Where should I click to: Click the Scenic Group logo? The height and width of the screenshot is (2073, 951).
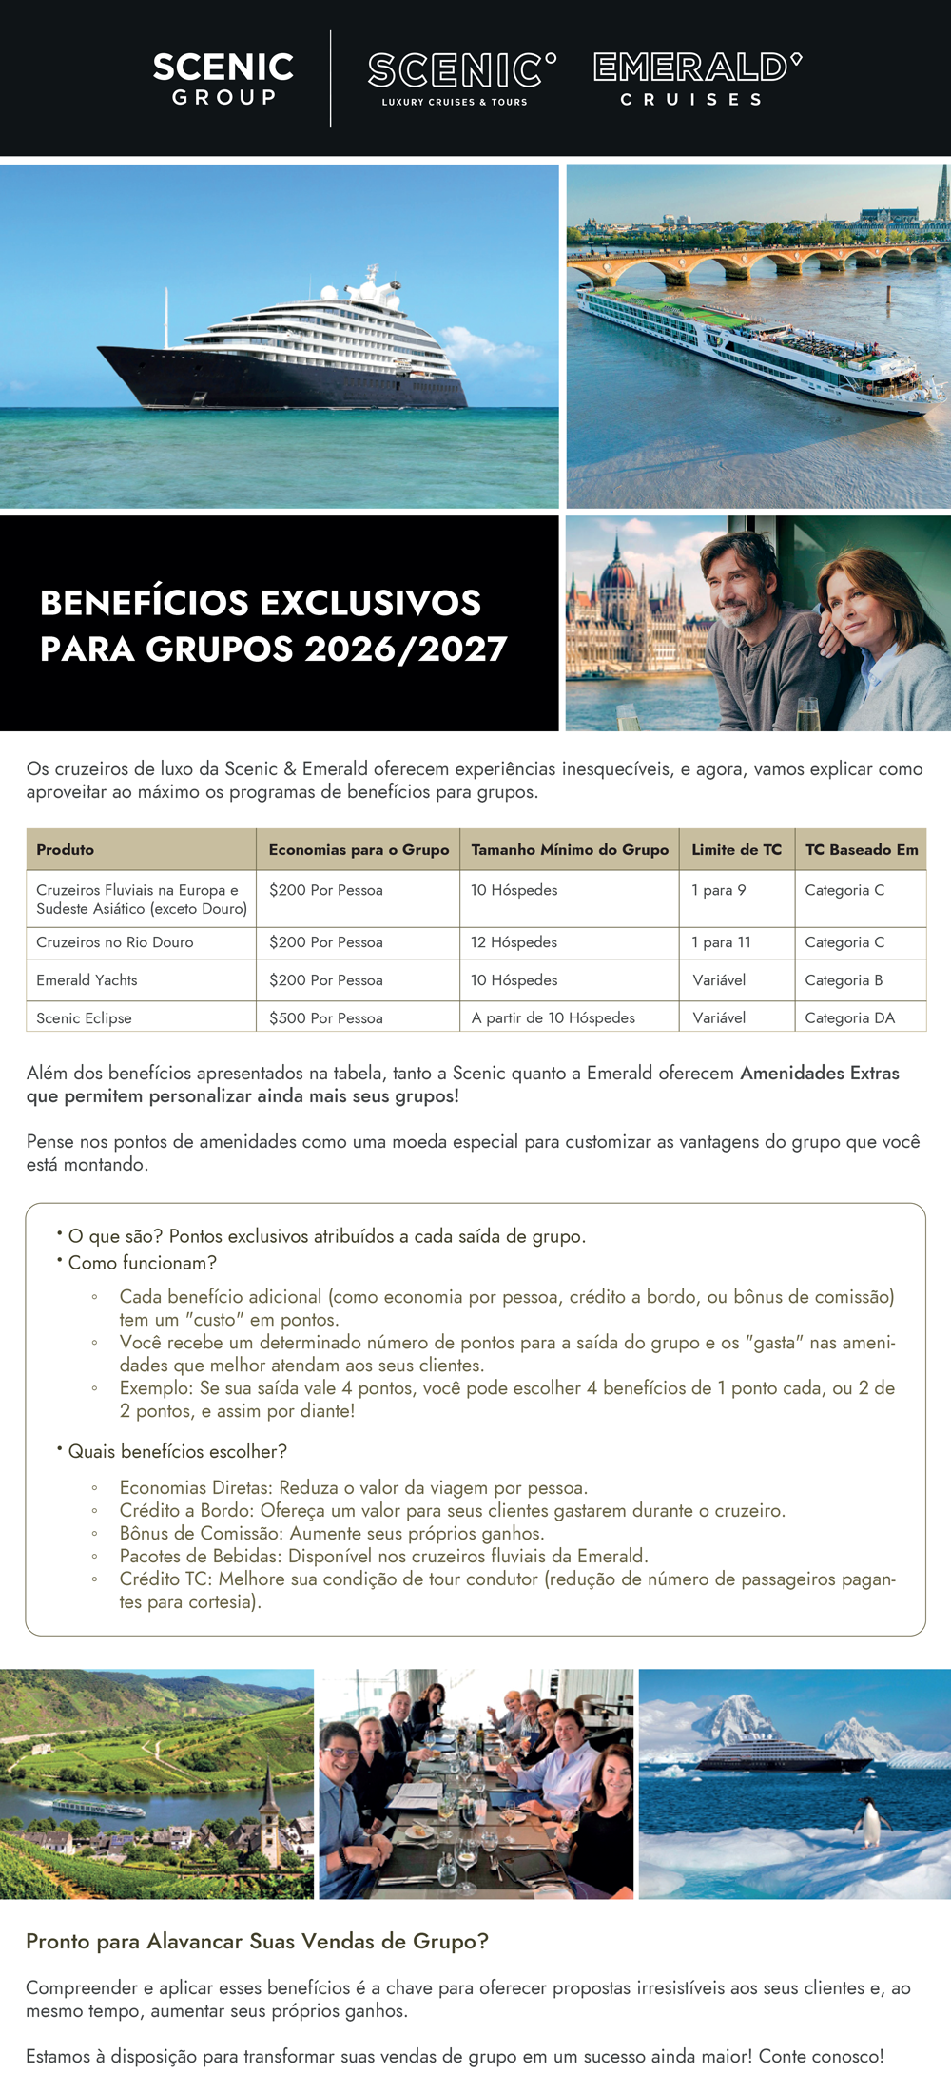(223, 78)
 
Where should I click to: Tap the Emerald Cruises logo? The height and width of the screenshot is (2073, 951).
(697, 78)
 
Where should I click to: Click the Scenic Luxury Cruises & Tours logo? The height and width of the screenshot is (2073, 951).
(461, 78)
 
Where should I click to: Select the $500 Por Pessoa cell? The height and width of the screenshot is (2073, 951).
(326, 1017)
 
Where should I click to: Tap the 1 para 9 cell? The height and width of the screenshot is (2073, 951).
(719, 890)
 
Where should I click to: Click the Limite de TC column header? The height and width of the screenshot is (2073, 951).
(736, 849)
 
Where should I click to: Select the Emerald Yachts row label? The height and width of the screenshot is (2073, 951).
(87, 980)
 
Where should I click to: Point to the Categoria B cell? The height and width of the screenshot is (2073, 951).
(844, 980)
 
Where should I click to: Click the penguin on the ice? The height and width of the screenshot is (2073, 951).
(869, 1821)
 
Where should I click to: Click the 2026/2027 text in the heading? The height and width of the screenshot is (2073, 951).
(406, 649)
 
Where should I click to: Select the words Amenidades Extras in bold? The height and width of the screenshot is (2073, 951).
(820, 1074)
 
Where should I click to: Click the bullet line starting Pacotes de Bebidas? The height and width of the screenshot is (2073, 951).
(383, 1557)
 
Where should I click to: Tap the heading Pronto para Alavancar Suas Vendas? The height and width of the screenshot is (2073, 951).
(257, 1942)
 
